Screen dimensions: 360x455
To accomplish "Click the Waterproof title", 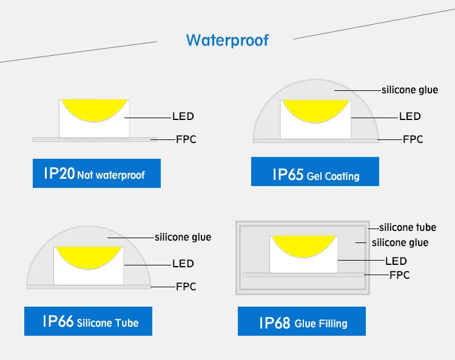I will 227,41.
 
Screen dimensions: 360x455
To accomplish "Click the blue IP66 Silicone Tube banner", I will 88,321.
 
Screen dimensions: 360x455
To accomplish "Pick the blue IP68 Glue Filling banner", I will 302,321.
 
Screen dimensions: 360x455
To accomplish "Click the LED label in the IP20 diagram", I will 183,116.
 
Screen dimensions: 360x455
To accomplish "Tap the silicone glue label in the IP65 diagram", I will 409,90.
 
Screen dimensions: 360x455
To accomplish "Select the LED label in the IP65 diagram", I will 410,116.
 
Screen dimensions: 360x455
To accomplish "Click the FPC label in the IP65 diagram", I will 413,139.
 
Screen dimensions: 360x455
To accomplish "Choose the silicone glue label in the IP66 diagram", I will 183,237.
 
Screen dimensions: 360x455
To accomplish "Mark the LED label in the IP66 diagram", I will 183,264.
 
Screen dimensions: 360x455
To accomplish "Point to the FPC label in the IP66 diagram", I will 186,287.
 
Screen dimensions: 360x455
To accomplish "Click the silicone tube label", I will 408,227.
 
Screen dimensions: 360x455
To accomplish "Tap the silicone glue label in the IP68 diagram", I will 400,242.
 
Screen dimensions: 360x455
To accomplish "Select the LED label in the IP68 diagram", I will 396,261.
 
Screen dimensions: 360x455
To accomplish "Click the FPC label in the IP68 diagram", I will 399,275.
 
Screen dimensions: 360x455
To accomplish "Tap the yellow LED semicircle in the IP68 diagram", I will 303,244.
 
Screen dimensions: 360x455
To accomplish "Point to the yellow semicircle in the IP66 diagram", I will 89,255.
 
